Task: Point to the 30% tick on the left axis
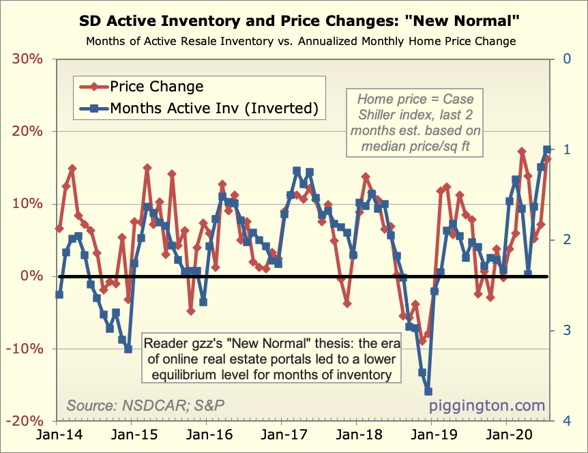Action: coord(27,59)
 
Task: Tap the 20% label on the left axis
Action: coord(27,131)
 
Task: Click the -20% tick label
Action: coord(25,422)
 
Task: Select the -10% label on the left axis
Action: coord(25,349)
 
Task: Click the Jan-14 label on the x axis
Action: coord(57,435)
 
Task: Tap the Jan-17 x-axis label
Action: coord(282,435)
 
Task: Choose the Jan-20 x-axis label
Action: coord(505,435)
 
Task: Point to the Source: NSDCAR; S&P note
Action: coord(146,405)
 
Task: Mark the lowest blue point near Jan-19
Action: coord(428,391)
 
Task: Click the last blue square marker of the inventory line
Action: coord(547,149)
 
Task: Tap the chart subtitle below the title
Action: coord(300,41)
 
